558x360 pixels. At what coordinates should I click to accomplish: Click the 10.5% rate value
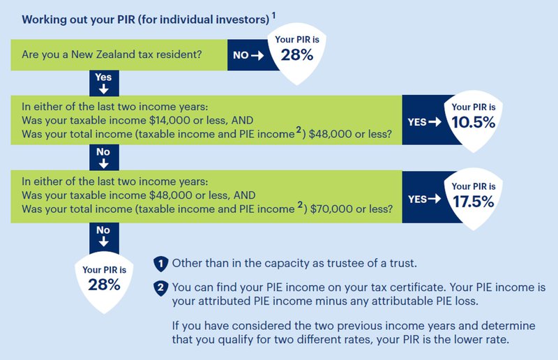point(474,122)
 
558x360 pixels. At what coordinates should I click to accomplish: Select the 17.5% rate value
point(474,202)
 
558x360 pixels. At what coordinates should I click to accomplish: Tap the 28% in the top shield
point(297,55)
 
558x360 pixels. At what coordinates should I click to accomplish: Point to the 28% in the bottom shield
point(104,285)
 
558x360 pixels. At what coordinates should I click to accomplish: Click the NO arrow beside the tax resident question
point(257,55)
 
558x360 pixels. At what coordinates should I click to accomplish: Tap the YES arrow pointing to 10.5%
point(435,122)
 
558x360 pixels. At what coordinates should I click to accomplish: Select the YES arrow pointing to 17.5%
point(435,199)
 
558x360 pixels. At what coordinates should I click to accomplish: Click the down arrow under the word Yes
point(104,89)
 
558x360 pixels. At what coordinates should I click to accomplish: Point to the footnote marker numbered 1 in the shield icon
point(161,264)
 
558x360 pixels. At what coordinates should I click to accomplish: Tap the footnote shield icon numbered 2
point(161,287)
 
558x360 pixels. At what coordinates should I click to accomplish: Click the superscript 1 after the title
point(273,15)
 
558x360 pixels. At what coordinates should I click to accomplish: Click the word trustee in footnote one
point(345,263)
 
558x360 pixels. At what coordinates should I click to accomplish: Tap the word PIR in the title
point(126,20)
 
